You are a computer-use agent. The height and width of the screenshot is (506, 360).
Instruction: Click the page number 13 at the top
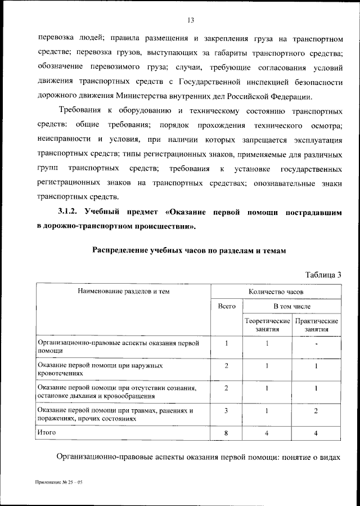tap(191, 21)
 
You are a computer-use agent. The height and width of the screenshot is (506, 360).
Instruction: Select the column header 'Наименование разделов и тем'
tap(124, 292)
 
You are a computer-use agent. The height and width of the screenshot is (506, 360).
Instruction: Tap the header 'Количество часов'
tap(276, 292)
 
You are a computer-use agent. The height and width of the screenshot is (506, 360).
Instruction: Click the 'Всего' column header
tap(226, 306)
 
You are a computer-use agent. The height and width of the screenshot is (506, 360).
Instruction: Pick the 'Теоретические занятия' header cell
tap(267, 325)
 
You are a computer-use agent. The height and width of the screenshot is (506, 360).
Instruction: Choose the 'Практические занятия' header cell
tap(317, 325)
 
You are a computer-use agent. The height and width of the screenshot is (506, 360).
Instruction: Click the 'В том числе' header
tap(292, 306)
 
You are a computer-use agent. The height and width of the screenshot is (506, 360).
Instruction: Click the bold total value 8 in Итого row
tap(226, 433)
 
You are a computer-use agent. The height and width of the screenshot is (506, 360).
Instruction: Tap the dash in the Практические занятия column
tap(317, 344)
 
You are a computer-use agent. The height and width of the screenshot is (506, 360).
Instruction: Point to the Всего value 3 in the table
tap(226, 411)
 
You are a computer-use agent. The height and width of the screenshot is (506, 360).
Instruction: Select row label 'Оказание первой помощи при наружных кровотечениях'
tap(100, 369)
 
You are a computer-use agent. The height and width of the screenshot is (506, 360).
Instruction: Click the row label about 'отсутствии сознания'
tap(117, 391)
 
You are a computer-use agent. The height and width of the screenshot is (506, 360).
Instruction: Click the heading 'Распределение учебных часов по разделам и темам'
tap(190, 250)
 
